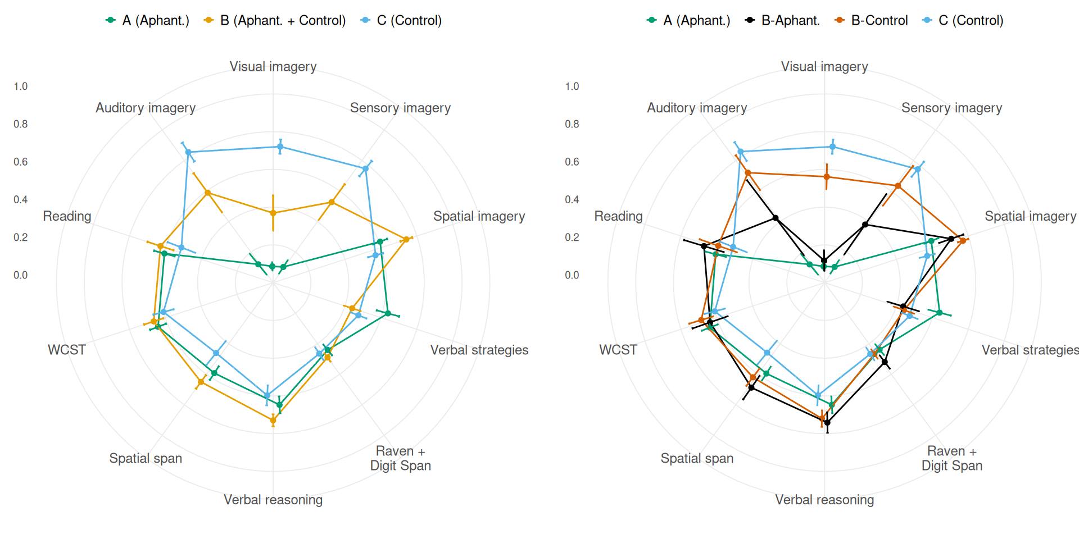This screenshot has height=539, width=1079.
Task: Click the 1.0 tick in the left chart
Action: point(21,86)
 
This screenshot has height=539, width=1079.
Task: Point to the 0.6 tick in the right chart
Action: point(572,162)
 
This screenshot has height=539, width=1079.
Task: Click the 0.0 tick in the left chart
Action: point(21,275)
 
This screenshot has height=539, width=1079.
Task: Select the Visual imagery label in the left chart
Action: point(273,67)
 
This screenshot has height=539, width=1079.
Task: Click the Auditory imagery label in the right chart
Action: point(697,108)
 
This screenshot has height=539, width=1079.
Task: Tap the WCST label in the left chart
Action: point(67,350)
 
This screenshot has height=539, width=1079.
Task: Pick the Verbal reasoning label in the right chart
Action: point(824,500)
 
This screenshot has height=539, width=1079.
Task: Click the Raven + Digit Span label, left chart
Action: point(400,458)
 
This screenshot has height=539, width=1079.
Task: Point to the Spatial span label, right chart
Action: point(697,458)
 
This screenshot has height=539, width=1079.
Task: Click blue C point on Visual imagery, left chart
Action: point(280,147)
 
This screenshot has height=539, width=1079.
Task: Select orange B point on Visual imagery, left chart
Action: point(273,213)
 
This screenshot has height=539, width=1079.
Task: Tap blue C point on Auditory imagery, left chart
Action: point(188,152)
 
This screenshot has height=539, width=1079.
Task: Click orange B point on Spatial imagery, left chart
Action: point(406,240)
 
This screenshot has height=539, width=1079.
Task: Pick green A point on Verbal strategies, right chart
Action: point(939,313)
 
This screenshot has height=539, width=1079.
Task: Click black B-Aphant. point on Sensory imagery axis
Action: point(865,225)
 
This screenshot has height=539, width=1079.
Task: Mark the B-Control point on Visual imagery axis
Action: point(827,177)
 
